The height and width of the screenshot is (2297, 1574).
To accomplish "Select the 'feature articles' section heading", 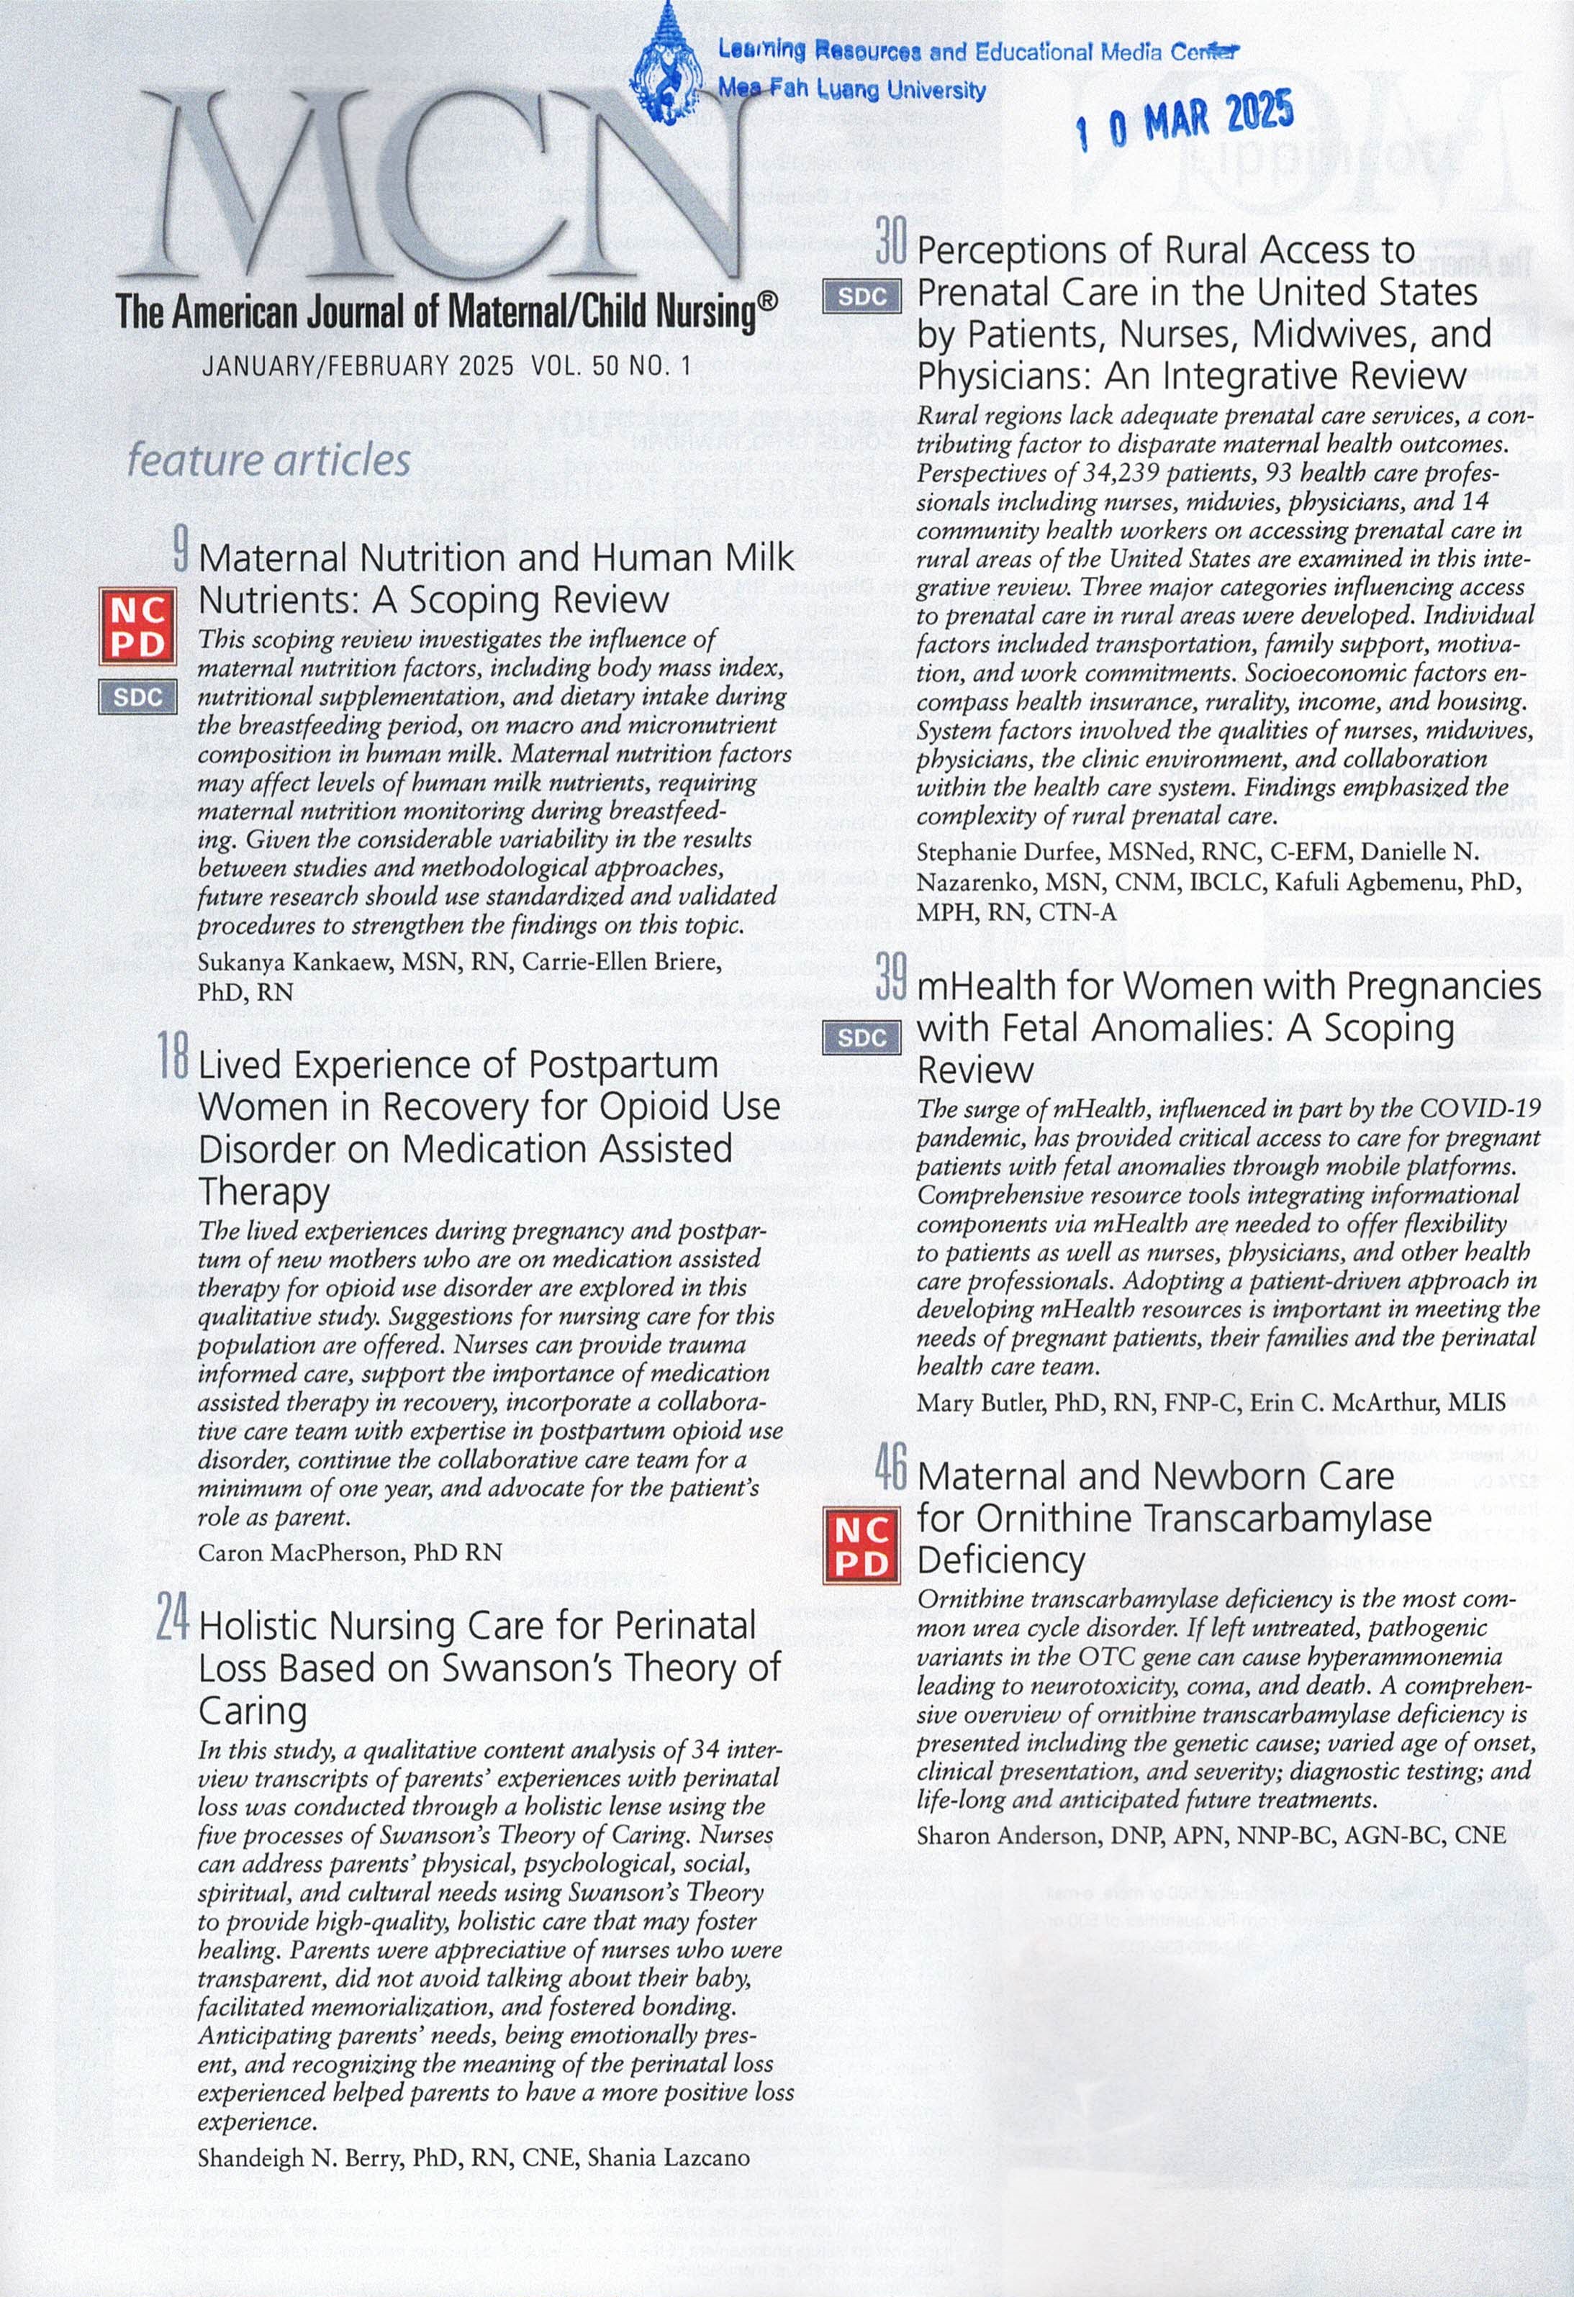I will pyautogui.click(x=269, y=460).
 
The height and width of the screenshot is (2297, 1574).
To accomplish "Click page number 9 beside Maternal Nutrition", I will pyautogui.click(x=180, y=550).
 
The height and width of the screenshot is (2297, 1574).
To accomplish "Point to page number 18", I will pyautogui.click(x=172, y=1057).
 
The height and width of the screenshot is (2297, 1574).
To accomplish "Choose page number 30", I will pyautogui.click(x=890, y=242).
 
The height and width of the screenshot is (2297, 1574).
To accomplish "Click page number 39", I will pyautogui.click(x=890, y=978).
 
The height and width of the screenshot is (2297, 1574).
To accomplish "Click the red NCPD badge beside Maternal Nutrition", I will pyautogui.click(x=137, y=627).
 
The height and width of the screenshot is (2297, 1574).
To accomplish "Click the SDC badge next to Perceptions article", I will pyautogui.click(x=861, y=296).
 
